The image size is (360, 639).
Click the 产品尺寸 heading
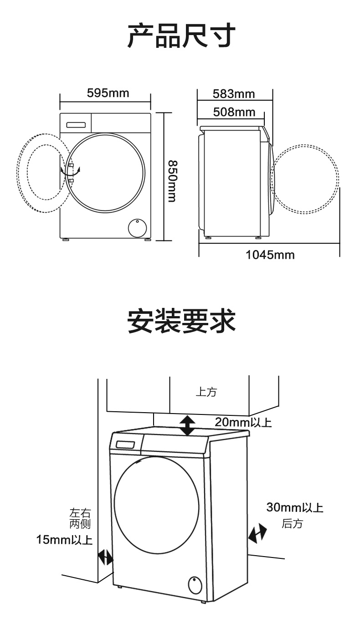click(181, 36)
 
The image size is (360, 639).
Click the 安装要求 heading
click(181, 321)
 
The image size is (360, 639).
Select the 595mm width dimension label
click(108, 93)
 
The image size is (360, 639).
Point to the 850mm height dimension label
click(171, 181)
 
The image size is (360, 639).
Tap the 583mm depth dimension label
click(234, 94)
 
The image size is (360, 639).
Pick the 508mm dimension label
click(234, 112)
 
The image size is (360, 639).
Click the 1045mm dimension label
click(270, 255)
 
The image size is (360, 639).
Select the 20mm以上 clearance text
click(243, 422)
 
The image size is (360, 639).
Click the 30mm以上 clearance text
click(295, 507)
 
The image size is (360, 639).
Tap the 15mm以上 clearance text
click(64, 540)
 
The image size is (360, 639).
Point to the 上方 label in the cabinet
click(206, 392)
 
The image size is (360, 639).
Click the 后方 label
click(292, 524)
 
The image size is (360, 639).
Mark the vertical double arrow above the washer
click(187, 425)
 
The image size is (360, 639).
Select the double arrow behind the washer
click(257, 532)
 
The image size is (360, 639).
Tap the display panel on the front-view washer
click(76, 124)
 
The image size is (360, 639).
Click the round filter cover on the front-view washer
click(135, 227)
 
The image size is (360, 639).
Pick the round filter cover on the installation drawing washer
click(195, 584)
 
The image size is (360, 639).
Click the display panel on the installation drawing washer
click(125, 445)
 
